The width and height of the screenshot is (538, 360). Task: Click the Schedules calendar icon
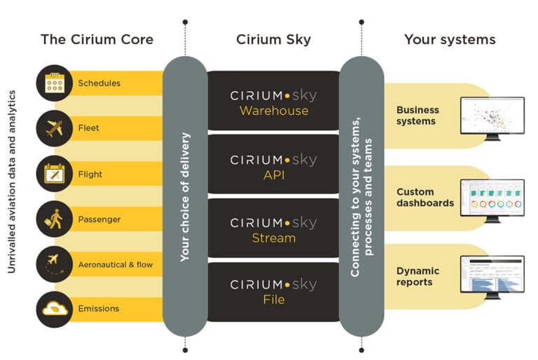[x=54, y=83]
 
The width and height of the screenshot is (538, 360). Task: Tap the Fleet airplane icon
[x=54, y=128]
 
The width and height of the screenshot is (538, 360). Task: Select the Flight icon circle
[x=54, y=174]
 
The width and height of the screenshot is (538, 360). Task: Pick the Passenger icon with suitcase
[x=54, y=219]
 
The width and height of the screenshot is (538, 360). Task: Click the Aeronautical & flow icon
[x=54, y=264]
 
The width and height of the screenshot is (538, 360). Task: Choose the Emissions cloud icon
[x=54, y=309]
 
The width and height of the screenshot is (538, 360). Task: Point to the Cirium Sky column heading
[x=274, y=39]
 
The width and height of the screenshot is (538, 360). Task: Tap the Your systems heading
[x=449, y=39]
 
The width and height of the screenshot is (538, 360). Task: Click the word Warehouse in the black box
[x=273, y=111]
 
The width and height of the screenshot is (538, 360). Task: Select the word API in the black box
[x=273, y=175]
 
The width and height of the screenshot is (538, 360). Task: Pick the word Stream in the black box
[x=273, y=238]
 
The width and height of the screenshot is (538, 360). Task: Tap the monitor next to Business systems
[x=492, y=117]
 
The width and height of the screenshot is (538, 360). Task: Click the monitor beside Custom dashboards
[x=492, y=199]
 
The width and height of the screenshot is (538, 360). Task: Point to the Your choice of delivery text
[x=185, y=197]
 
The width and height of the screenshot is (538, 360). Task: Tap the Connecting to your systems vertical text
[x=361, y=197]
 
